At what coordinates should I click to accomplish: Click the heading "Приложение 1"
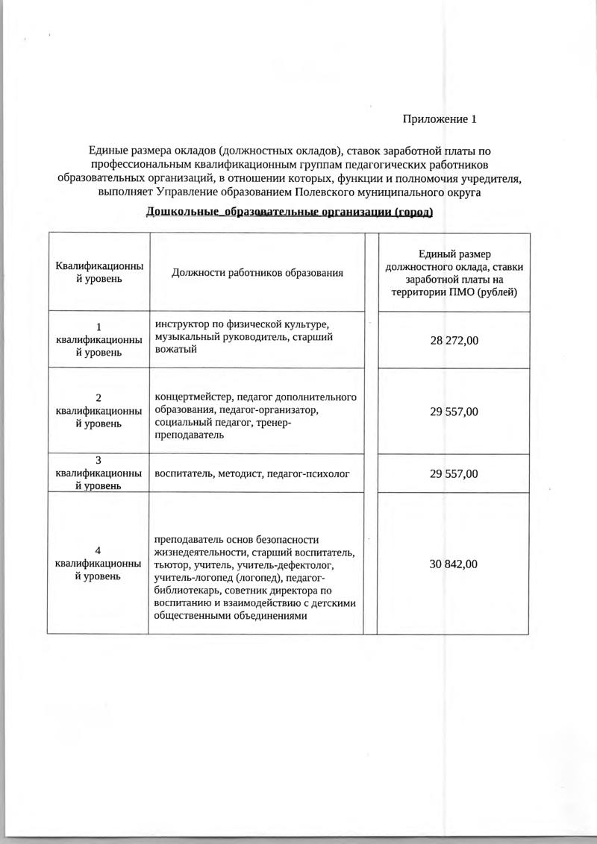[439, 119]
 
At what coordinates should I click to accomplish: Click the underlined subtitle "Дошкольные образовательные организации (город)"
[290, 212]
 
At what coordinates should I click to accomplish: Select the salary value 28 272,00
[454, 340]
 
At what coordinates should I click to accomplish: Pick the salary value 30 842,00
[454, 564]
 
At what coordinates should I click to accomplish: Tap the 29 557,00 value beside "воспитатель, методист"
[454, 473]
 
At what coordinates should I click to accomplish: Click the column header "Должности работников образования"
[257, 273]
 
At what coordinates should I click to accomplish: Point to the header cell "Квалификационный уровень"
[99, 273]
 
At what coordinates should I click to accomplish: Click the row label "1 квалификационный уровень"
[99, 339]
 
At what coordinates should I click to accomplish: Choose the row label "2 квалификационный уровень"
[99, 411]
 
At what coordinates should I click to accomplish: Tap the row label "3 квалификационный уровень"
[99, 473]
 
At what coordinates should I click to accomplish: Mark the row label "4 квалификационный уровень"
[99, 564]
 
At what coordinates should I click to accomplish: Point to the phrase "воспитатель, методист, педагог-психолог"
[252, 473]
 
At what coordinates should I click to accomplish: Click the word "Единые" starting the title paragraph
[108, 151]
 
